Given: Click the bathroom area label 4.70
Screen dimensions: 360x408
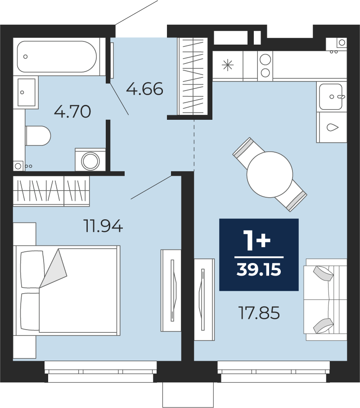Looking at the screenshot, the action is click(x=72, y=112).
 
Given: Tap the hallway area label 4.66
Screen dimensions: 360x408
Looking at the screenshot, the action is click(x=144, y=89).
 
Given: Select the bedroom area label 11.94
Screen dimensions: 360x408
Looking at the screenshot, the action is click(x=103, y=226).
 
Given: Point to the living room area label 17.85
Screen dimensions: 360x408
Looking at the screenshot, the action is click(x=259, y=313).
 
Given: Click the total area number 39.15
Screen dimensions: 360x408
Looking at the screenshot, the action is click(x=259, y=270).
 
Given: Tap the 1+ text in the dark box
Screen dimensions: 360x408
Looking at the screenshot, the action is click(x=257, y=241).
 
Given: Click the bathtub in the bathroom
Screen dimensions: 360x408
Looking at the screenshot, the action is click(x=57, y=56).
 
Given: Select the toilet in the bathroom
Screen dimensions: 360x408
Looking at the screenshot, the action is click(x=38, y=136).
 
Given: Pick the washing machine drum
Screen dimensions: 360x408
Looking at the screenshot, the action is click(x=90, y=161).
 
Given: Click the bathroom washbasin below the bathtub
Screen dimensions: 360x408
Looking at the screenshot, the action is click(x=26, y=92).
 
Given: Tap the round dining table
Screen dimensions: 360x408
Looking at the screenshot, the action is click(x=270, y=174).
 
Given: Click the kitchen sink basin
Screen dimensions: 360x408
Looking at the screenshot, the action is click(x=331, y=96).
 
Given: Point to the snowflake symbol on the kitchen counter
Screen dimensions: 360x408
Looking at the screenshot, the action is click(x=227, y=65).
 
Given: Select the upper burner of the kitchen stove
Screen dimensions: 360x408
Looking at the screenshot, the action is click(x=265, y=59).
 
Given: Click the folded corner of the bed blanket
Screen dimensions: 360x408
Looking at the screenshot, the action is click(x=53, y=268).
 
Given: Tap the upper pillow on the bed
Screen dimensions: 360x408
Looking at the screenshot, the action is click(x=32, y=269).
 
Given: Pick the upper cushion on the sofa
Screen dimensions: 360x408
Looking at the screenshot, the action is click(x=323, y=273).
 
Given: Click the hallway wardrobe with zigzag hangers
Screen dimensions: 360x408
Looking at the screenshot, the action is click(x=193, y=76).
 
